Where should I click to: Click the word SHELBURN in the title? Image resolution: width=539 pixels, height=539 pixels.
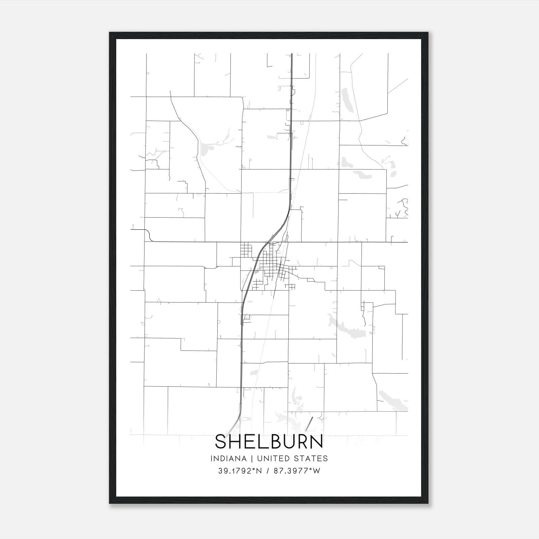[x=269, y=442]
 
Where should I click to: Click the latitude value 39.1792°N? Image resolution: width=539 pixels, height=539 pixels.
[x=240, y=471]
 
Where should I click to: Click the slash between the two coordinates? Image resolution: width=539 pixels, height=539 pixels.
[x=268, y=471]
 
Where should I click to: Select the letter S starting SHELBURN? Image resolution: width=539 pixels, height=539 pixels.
[x=221, y=442]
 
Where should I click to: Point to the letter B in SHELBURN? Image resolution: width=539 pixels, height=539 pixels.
[x=275, y=442]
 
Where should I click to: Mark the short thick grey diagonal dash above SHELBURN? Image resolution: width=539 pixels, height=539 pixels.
[x=309, y=424]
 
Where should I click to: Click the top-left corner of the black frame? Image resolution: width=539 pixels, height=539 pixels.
[x=110, y=33]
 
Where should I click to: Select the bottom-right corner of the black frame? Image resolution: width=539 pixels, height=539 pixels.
[x=428, y=503]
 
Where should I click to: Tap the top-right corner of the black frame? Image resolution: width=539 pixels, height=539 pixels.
[x=428, y=33]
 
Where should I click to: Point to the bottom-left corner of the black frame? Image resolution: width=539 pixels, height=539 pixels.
[x=110, y=503]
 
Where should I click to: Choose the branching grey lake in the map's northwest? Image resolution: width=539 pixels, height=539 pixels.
[x=211, y=145]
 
